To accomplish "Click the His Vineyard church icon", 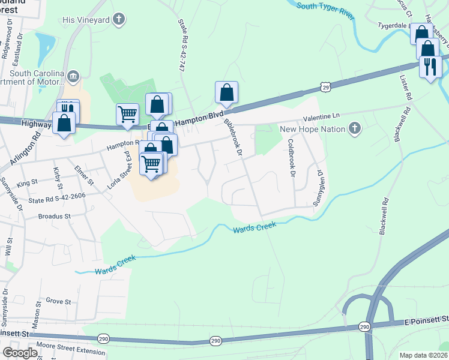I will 119,19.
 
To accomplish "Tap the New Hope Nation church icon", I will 355,128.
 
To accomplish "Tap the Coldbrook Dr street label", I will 292,158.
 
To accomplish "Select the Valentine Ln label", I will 321,116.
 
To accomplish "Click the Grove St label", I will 58,301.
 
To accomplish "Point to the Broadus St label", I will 54,216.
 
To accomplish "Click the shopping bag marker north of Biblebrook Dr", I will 226,92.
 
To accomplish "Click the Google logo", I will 20,352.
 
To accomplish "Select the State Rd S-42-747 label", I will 182,46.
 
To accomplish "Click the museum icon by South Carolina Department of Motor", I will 74,76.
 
